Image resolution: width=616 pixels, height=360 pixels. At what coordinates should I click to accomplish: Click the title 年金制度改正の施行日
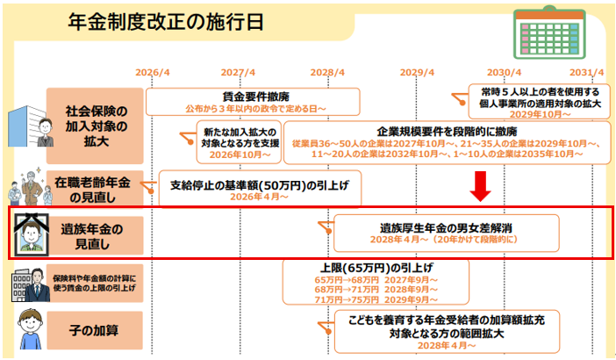(x=166, y=22)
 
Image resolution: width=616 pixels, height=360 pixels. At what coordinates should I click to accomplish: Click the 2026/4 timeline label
(x=152, y=73)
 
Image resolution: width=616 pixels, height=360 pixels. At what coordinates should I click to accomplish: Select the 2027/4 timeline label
(x=238, y=73)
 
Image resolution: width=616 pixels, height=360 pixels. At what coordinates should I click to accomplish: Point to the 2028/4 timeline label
(x=327, y=73)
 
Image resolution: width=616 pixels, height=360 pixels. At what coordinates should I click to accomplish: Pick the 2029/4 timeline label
(x=416, y=73)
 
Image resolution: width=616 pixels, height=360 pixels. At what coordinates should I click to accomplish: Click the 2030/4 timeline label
(x=505, y=73)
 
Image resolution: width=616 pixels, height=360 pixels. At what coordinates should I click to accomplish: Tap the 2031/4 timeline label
(x=586, y=73)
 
